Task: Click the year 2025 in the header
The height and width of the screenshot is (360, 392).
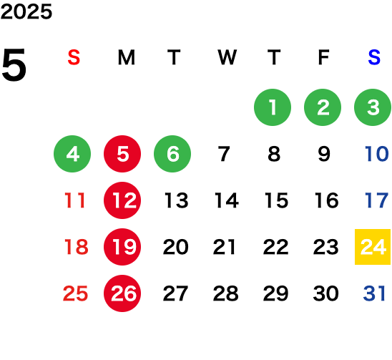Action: (26, 11)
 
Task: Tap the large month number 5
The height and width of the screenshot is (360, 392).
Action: (14, 65)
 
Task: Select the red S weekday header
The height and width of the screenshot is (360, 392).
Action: (74, 57)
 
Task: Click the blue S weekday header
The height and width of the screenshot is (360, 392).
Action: (374, 57)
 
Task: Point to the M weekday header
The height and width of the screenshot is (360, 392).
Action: (127, 57)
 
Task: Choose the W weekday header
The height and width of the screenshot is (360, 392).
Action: (227, 57)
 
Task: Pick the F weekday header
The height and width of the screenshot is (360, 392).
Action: (324, 57)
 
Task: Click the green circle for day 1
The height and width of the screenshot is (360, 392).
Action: (273, 107)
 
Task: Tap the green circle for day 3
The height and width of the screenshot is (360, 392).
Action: (373, 107)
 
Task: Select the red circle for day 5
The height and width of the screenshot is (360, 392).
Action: (122, 154)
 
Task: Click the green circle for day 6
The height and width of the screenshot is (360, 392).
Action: (172, 154)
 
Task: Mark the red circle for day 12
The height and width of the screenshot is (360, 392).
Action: (122, 200)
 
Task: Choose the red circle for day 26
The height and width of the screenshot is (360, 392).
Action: (122, 293)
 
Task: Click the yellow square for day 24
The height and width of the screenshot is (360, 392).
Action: (373, 247)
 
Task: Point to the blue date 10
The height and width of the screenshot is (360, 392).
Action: (376, 154)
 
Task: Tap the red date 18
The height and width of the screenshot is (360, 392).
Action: (77, 247)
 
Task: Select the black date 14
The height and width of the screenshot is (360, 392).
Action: (227, 200)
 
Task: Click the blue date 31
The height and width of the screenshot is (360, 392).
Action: (374, 293)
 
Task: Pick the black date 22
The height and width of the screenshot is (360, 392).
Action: (275, 247)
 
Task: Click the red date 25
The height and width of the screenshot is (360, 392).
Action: (76, 293)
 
